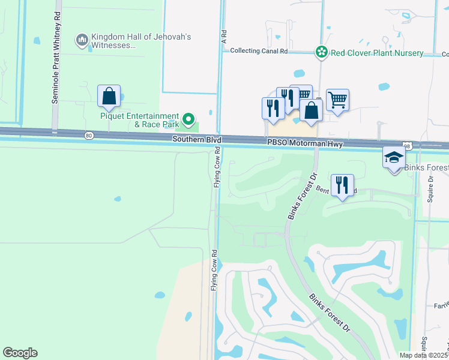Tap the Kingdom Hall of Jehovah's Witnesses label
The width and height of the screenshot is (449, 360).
click(x=141, y=41)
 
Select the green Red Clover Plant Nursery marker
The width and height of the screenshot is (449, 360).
click(x=322, y=53)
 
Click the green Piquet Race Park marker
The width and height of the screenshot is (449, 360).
click(x=189, y=119)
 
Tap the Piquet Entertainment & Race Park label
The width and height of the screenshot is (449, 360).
click(x=139, y=120)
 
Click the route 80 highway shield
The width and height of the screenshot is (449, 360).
click(x=89, y=136)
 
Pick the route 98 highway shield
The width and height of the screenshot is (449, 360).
click(x=408, y=146)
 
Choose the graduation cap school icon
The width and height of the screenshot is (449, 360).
click(x=394, y=158)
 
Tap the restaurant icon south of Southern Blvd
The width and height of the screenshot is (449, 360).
click(x=342, y=185)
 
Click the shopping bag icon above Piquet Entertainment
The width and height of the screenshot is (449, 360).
click(x=109, y=96)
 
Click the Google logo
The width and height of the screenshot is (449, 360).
click(x=20, y=353)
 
